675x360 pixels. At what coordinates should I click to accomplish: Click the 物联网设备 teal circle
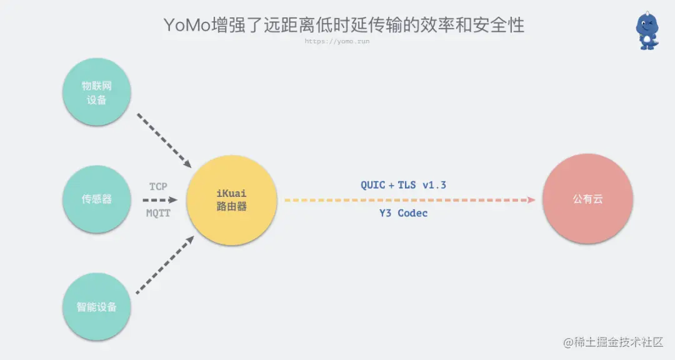[x=97, y=92]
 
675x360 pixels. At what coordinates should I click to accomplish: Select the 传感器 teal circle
[x=97, y=199]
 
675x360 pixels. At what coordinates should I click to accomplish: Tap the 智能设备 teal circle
[x=97, y=307]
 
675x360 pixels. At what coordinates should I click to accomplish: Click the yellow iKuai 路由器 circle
[x=231, y=199]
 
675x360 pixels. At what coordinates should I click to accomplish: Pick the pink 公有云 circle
[x=587, y=199]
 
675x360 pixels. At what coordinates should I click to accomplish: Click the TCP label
[x=158, y=186]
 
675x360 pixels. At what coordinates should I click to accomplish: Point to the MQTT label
[x=158, y=213]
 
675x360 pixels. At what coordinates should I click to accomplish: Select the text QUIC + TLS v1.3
[x=403, y=185]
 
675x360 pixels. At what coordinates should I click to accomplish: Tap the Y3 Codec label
[x=403, y=213]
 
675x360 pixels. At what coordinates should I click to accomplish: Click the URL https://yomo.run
[x=338, y=41]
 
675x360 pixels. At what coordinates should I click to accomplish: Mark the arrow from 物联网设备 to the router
[x=164, y=141]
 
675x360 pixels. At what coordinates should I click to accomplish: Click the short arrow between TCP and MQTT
[x=160, y=200]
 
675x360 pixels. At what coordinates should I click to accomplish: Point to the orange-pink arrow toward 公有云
[x=409, y=200]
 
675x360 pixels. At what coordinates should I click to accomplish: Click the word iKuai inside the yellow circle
[x=231, y=193]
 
